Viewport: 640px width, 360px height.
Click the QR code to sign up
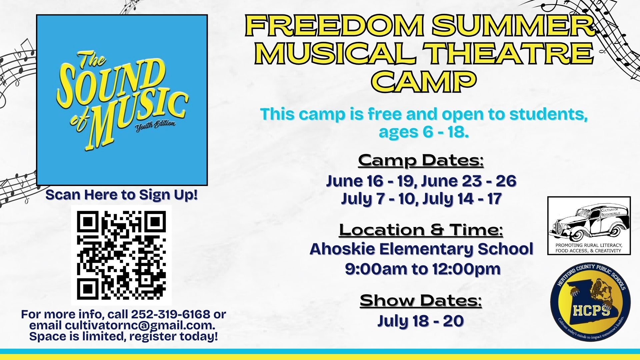click(121, 255)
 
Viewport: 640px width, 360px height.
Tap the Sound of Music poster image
click(122, 100)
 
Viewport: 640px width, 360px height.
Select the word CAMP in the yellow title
click(423, 81)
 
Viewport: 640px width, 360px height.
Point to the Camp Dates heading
click(421, 160)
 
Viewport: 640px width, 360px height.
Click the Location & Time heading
click(421, 230)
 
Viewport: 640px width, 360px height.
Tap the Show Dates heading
click(421, 300)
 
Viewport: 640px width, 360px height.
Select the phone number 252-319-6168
click(171, 314)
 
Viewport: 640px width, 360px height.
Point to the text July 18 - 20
click(421, 321)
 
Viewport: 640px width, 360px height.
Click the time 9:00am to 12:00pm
click(423, 269)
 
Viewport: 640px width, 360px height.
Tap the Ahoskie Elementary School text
click(421, 249)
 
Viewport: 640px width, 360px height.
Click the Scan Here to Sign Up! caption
click(122, 195)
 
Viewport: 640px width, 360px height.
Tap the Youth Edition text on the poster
click(155, 125)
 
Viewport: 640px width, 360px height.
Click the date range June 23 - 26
click(469, 181)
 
